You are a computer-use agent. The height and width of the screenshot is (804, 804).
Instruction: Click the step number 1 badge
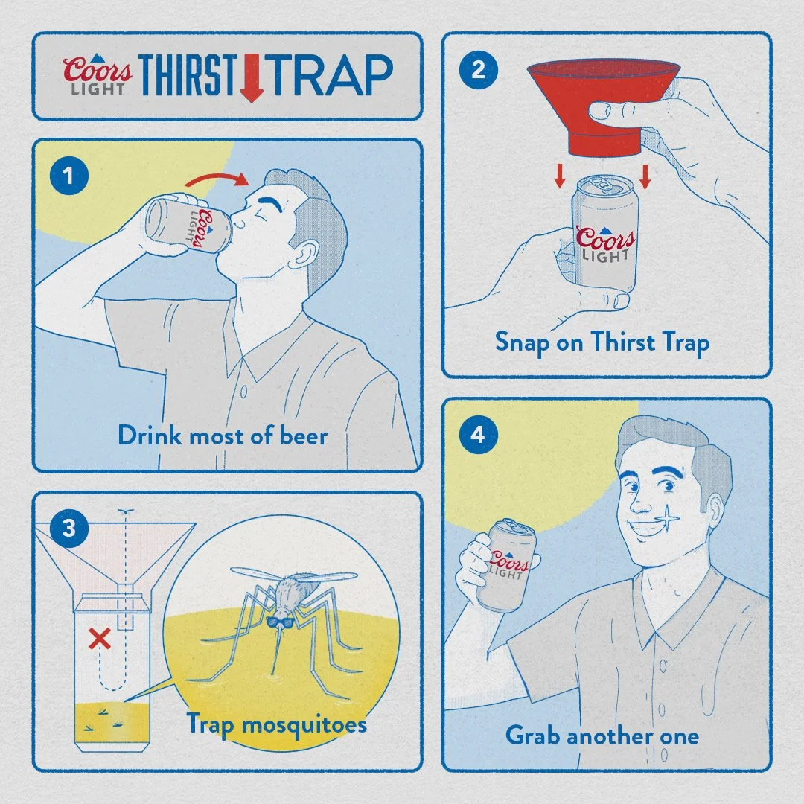tap(68, 177)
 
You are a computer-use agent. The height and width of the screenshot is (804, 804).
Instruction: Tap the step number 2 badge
tap(477, 70)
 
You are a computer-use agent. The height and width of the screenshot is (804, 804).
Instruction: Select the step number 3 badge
tap(68, 529)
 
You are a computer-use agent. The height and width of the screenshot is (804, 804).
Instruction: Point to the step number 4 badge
tap(477, 435)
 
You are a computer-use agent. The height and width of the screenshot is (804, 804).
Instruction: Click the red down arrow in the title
tap(252, 76)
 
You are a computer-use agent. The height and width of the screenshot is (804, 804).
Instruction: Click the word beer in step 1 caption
tap(302, 435)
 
